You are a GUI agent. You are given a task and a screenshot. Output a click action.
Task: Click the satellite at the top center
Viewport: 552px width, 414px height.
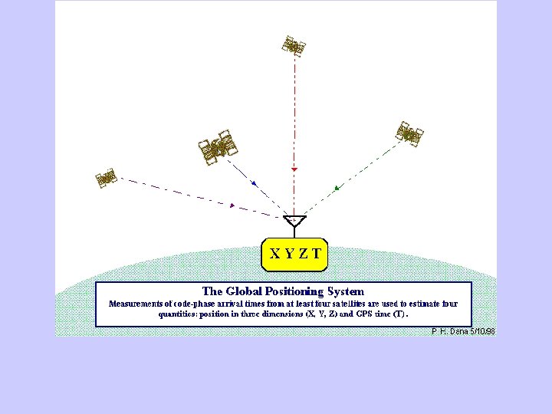[293, 46]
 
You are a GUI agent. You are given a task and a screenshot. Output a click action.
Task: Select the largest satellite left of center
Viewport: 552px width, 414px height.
[219, 148]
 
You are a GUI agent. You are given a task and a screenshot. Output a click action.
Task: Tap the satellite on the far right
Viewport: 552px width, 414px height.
[409, 133]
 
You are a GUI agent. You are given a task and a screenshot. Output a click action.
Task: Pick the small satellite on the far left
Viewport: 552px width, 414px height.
[106, 178]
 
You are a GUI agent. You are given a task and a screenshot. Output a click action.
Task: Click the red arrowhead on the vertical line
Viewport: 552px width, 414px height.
[294, 169]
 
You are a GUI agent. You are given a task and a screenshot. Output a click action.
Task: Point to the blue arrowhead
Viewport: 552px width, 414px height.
[254, 183]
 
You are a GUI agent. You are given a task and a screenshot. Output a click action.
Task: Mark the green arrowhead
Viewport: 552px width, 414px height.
[337, 187]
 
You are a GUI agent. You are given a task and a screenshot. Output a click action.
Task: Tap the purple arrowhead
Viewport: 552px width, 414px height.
[232, 205]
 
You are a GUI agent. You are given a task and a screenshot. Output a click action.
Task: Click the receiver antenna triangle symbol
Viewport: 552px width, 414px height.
[294, 222]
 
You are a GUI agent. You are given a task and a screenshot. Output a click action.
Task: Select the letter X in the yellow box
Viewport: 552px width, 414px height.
[274, 251]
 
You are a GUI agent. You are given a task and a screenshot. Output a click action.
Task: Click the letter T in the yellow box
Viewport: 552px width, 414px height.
[316, 251]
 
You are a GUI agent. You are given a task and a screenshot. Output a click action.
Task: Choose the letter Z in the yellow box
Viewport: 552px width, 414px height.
[302, 251]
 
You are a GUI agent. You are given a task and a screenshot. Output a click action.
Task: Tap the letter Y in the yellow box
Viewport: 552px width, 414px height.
[288, 251]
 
